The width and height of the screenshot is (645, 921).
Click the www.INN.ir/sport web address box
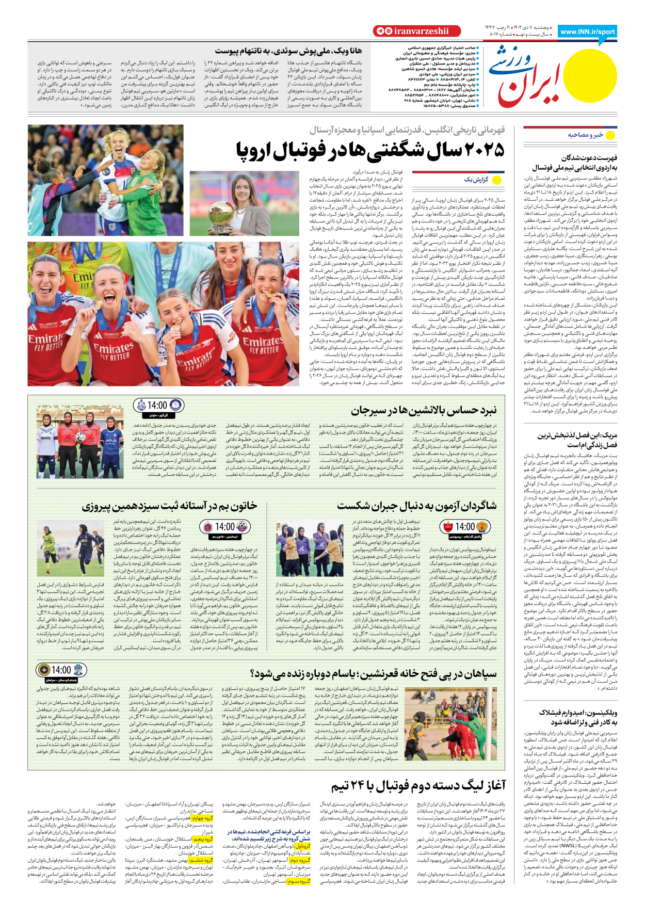point(587,31)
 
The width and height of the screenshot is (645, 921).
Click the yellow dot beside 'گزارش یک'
point(497,180)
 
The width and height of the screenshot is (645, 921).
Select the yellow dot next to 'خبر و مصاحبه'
point(611,135)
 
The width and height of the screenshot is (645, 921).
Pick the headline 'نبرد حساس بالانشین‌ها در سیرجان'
point(423,411)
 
